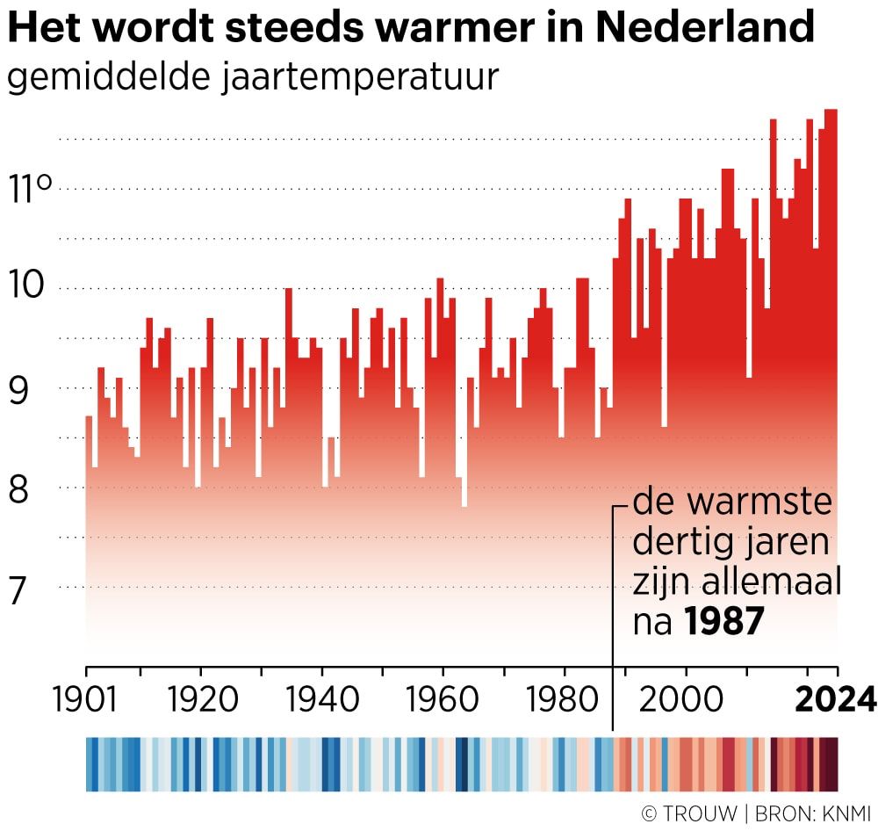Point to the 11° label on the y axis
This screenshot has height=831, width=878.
[32, 188]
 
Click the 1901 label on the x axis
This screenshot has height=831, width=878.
[86, 700]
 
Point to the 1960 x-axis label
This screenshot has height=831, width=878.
[443, 700]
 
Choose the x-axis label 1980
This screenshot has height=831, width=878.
[564, 700]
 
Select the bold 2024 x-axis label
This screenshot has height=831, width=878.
[835, 700]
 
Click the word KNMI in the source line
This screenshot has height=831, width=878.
[839, 814]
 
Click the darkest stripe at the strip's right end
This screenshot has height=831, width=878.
[831, 764]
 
